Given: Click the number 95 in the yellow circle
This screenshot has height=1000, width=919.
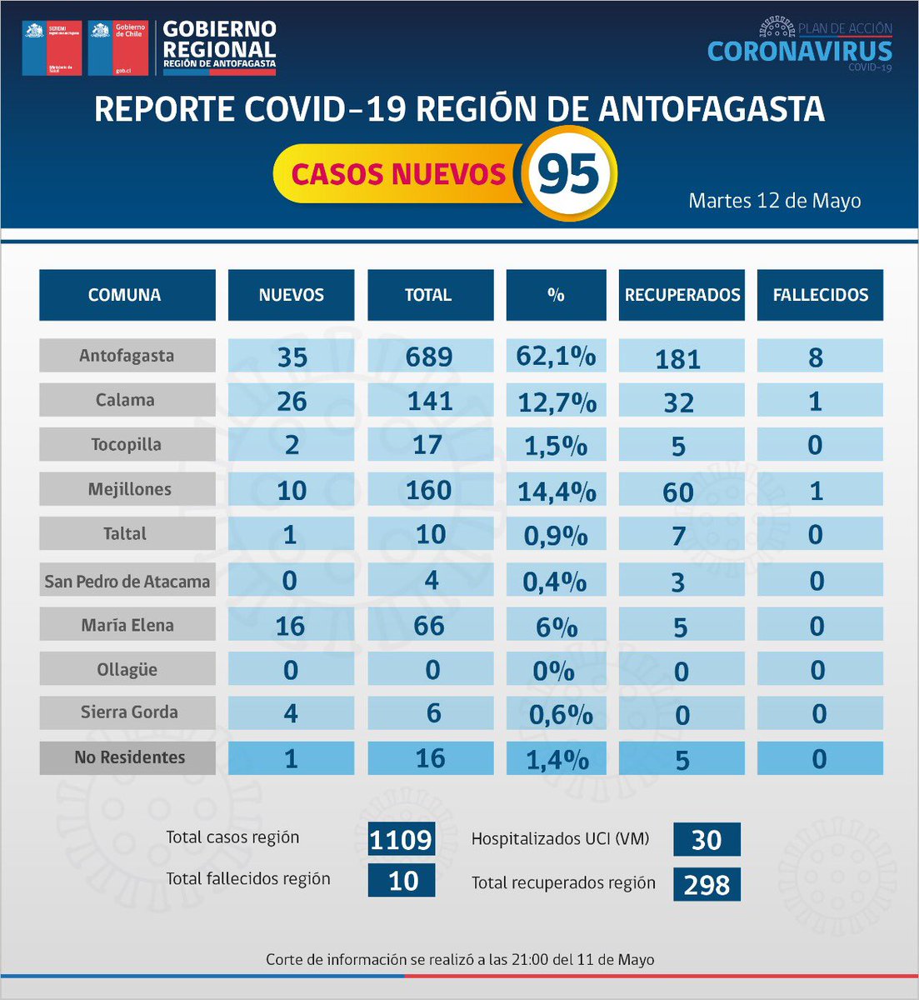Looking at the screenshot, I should [569, 174].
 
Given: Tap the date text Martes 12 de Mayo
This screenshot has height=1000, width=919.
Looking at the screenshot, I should [774, 201].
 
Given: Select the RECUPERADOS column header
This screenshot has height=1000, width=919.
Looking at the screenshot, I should [682, 295].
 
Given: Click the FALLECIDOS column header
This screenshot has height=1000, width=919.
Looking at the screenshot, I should [820, 295].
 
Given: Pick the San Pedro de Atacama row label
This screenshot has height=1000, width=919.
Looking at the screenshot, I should [127, 581].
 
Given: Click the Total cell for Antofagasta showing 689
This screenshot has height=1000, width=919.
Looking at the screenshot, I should [429, 357].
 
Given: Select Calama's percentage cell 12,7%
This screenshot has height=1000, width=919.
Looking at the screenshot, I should [557, 402].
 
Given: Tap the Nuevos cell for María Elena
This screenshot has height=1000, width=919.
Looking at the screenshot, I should [290, 626].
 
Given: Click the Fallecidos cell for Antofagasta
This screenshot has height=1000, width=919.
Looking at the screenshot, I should [816, 357].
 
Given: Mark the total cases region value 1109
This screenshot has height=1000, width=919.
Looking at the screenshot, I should [401, 839].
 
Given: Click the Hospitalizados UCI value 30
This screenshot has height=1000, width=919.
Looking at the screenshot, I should [706, 840].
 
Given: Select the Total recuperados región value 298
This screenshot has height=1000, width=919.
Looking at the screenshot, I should [706, 884].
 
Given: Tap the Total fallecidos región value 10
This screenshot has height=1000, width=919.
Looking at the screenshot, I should [402, 881].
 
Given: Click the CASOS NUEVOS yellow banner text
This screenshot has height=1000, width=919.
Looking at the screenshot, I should [398, 174].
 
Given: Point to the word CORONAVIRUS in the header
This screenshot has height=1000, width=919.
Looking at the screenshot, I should [799, 51].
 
